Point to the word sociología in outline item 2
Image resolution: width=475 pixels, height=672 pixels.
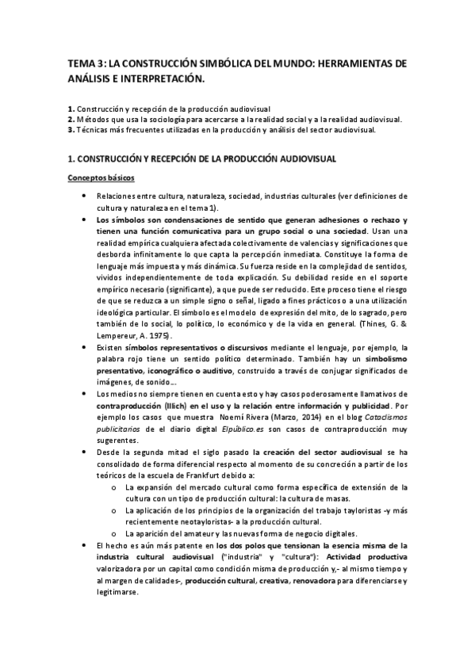pyautogui.click(x=161, y=120)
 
